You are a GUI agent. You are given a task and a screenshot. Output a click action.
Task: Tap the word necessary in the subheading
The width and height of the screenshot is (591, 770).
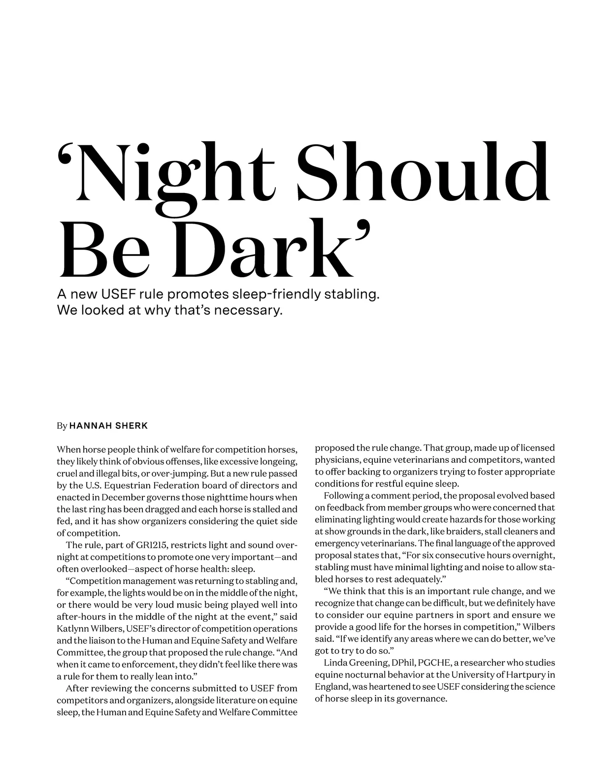tap(247, 311)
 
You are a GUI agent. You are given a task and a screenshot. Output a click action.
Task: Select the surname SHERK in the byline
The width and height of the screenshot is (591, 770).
tap(131, 426)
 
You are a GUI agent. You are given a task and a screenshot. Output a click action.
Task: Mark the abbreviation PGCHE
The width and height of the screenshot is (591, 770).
tap(432, 663)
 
